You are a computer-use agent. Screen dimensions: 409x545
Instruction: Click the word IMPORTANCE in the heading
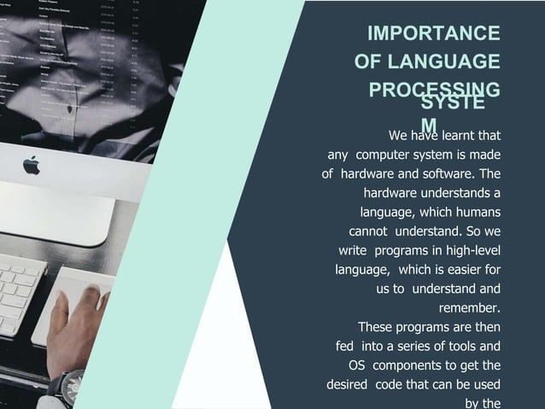point(433,33)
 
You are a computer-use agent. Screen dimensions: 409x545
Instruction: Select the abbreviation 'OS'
point(358,365)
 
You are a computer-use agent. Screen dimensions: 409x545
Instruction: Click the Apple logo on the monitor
point(32,165)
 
